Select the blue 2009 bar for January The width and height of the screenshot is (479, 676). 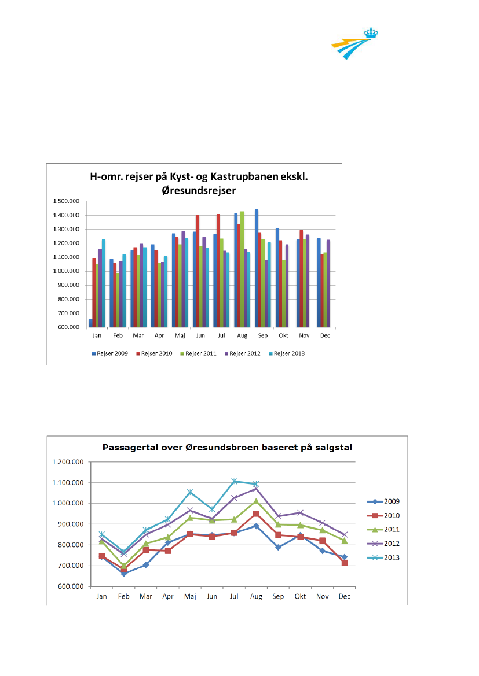click(x=90, y=323)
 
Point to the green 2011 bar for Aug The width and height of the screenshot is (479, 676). click(x=242, y=269)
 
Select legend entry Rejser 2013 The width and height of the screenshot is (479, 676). click(x=289, y=353)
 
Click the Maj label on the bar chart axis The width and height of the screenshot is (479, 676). click(x=180, y=335)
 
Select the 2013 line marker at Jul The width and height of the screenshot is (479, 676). click(x=235, y=481)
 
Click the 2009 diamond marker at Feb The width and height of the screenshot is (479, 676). click(x=123, y=574)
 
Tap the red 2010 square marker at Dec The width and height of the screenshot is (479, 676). click(x=345, y=563)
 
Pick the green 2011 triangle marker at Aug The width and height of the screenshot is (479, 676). click(x=256, y=501)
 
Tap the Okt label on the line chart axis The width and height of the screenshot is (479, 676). click(x=300, y=596)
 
